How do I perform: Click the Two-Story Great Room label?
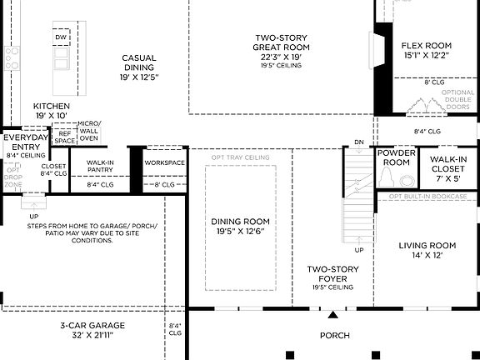pyautogui.click(x=282, y=42)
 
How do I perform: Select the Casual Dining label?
pyautogui.click(x=138, y=63)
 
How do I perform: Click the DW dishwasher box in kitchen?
pyautogui.click(x=61, y=38)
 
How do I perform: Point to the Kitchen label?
pyautogui.click(x=52, y=107)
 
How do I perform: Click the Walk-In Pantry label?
pyautogui.click(x=100, y=166)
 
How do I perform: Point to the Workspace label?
pyautogui.click(x=164, y=162)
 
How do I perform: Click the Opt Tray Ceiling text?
pyautogui.click(x=240, y=157)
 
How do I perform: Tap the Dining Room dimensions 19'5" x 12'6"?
pyautogui.click(x=237, y=232)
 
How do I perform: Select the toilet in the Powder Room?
pyautogui.click(x=406, y=180)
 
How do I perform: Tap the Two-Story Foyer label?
pyautogui.click(x=332, y=273)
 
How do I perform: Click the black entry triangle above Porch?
pyautogui.click(x=334, y=315)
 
